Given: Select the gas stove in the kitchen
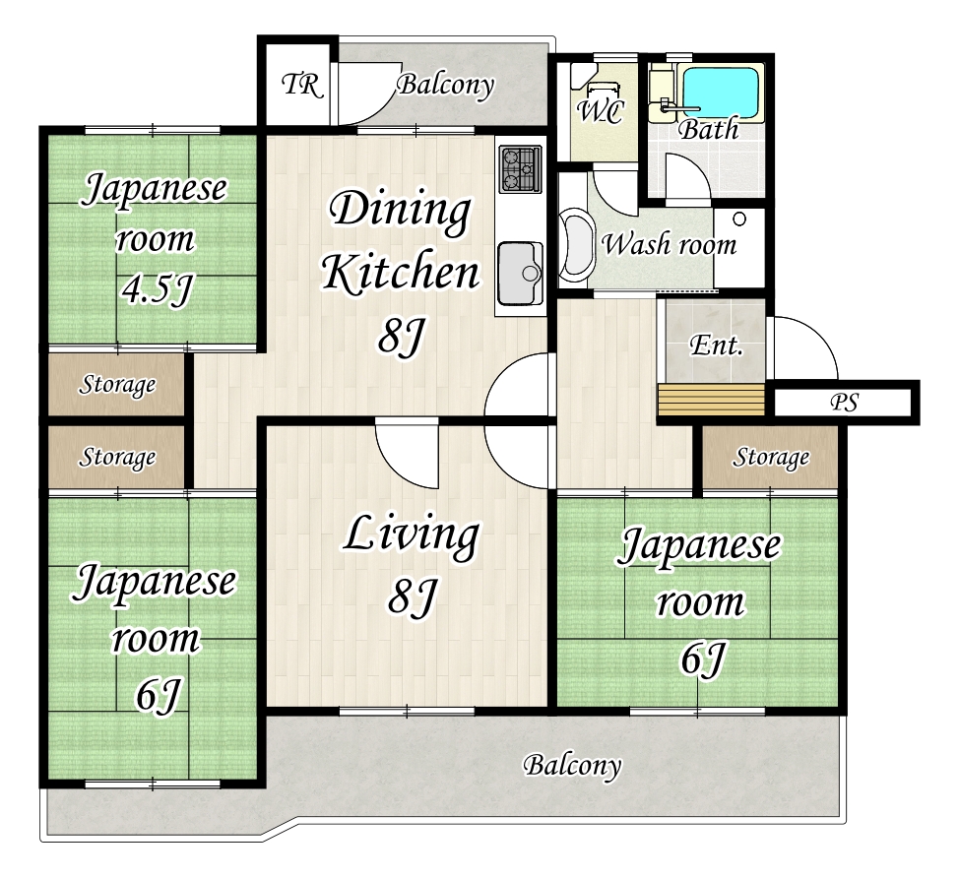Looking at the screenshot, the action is coord(520,168).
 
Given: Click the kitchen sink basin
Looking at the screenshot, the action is coord(520,274).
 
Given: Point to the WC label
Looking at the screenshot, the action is coord(600,112).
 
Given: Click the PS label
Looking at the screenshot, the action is coord(845,403).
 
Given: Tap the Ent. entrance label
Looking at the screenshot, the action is coord(716,345).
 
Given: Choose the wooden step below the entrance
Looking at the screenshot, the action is coord(711,400).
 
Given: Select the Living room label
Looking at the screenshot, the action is coord(411,535).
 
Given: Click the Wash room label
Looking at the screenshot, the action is coord(670,244).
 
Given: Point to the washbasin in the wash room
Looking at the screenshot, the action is coord(576,245).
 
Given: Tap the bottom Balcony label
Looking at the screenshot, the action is coord(572,765).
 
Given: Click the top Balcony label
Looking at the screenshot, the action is coord(446,85).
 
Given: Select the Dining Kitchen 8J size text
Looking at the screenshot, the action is coord(401,336).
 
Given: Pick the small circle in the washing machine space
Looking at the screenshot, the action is coord(739,219).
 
